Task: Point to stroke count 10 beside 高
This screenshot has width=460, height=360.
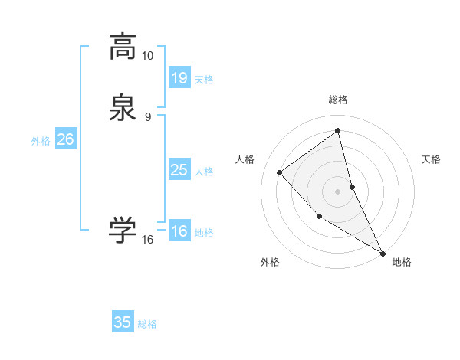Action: pos(148,56)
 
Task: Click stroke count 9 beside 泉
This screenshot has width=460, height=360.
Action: pos(148,116)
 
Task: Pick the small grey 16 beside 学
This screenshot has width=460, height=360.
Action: pos(148,240)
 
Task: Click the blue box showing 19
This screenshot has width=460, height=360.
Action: pos(179,77)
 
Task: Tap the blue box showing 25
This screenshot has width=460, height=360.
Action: pos(179,170)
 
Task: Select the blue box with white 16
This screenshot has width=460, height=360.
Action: pos(179,231)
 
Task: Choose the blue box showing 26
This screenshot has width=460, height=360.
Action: pos(65,139)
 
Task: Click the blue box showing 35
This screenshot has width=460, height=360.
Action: pos(123,322)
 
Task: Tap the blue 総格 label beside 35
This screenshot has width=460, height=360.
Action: pos(147,324)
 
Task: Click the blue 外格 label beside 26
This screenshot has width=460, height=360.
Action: pos(41,141)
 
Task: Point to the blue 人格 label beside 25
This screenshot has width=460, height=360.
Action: pos(205,172)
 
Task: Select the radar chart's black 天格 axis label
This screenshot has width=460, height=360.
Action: pos(431,159)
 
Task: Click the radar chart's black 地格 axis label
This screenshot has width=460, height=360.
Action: pos(402,262)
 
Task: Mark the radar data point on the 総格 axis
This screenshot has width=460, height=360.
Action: pos(337,131)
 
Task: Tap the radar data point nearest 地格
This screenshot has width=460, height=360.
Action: pos(383,254)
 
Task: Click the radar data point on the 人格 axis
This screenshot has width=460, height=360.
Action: pos(280,172)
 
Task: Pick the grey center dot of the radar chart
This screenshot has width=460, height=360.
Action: pos(337,191)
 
